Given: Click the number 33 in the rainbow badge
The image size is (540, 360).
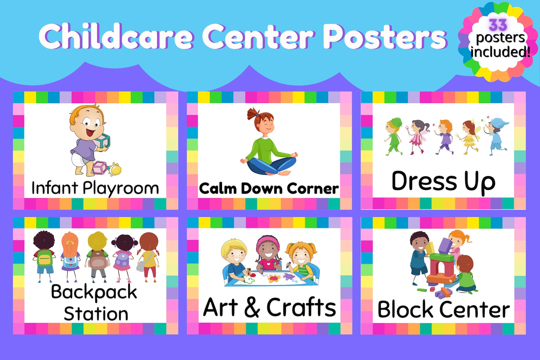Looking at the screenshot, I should pyautogui.click(x=498, y=25).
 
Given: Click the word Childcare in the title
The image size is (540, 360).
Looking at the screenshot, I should pyautogui.click(x=116, y=37).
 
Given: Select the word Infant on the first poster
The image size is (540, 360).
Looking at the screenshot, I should pyautogui.click(x=54, y=188).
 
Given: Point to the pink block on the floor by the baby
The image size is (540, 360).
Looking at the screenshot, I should pyautogui.click(x=100, y=168).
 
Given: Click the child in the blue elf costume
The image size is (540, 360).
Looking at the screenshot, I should pyautogui.click(x=497, y=135).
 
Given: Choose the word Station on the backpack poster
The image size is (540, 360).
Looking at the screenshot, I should pyautogui.click(x=96, y=314).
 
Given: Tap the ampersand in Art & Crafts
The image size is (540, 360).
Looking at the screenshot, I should pyautogui.click(x=252, y=307).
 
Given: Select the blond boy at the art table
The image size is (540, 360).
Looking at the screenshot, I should pyautogui.click(x=235, y=260).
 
